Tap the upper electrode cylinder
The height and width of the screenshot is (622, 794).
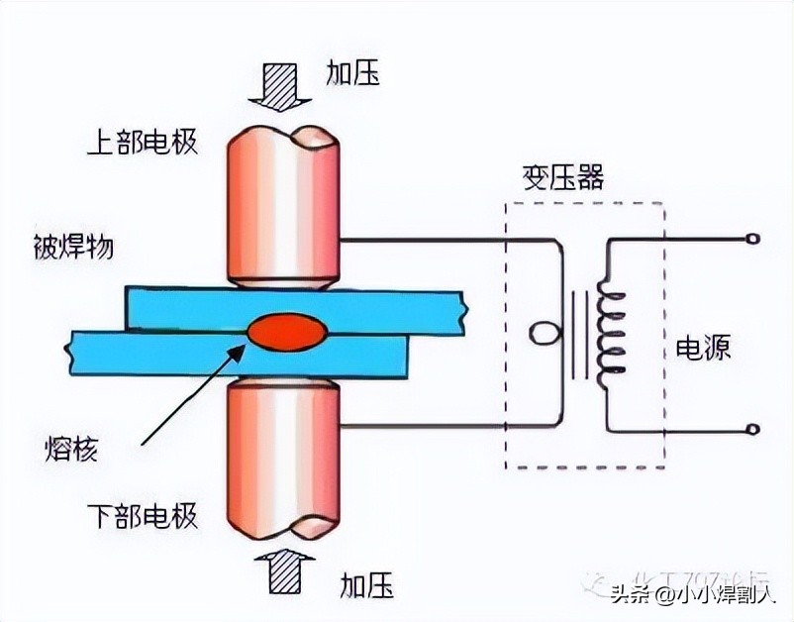coord(282,208)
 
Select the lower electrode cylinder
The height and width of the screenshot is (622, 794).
coord(282,456)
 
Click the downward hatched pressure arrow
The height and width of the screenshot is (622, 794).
coord(281,83)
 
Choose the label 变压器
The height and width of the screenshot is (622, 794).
coord(561,179)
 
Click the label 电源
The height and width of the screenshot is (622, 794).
coord(703,349)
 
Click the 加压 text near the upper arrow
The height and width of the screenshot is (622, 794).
coord(353,72)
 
